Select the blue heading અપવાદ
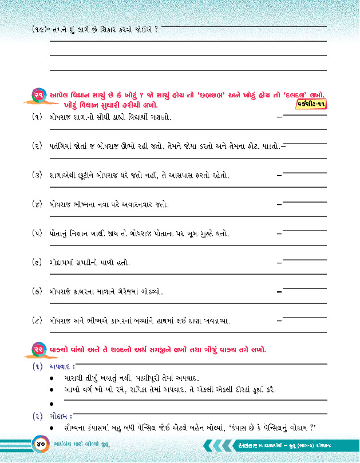pos(61,366)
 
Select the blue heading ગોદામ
pos(62,416)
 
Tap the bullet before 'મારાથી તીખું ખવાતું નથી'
pos(52,378)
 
